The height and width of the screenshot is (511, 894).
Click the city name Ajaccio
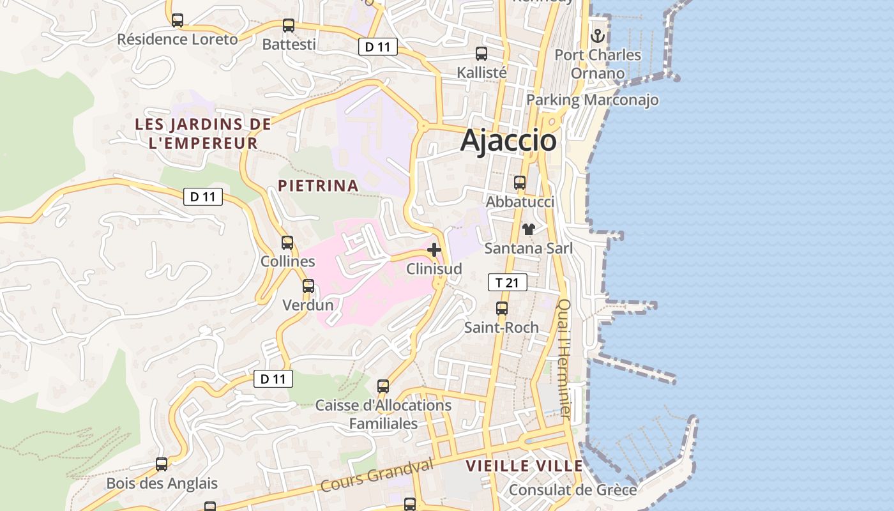point(508,141)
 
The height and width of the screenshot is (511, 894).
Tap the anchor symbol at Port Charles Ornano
point(598,35)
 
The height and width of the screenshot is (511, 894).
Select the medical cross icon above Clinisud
point(434,250)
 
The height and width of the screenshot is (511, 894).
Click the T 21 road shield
point(508,282)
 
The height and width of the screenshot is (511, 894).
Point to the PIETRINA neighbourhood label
point(318,186)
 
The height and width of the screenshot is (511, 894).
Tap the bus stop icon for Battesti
point(289,26)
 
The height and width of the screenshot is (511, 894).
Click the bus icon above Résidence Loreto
point(178,20)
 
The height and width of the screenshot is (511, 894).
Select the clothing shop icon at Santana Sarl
point(529,229)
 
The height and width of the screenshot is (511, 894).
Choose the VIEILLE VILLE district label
point(524,466)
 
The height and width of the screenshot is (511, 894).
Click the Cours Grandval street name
point(376,475)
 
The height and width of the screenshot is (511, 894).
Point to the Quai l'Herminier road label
point(564,359)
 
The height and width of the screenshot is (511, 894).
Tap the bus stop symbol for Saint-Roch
point(502,309)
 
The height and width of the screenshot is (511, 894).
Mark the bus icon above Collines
point(287,243)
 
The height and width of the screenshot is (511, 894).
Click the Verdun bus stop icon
point(308,286)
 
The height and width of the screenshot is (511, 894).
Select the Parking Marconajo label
point(592,100)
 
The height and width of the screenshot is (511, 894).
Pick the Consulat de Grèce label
point(573,490)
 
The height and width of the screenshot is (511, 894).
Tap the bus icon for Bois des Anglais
point(162,464)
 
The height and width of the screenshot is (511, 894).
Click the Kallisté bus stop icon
point(481,54)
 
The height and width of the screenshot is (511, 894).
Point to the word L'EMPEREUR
point(203,143)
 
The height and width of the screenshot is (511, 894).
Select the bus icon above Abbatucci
point(520,183)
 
